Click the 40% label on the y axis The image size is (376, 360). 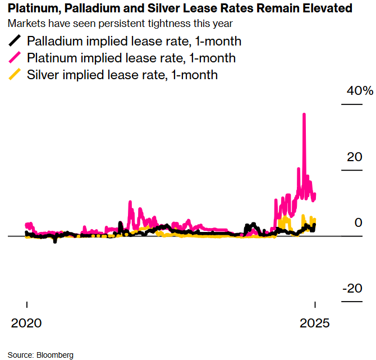(359, 92)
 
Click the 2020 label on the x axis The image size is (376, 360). (27, 323)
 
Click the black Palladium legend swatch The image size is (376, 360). (16, 41)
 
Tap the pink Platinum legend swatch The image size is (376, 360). (16, 58)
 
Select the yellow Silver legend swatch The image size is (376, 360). (16, 75)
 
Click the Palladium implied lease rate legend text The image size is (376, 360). (134, 41)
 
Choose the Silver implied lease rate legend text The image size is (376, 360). (122, 75)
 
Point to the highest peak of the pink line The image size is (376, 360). (304, 114)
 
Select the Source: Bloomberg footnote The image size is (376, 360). (40, 355)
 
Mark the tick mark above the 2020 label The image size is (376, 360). (27, 305)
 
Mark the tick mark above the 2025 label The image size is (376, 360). (315, 305)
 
